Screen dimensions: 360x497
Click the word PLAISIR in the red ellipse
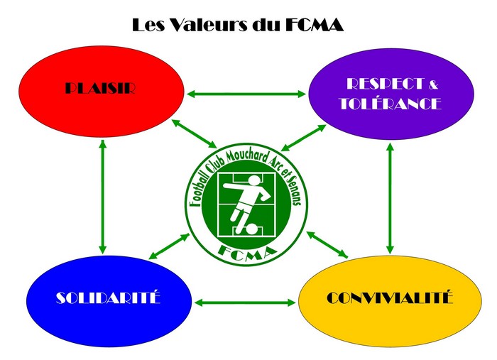[x=100, y=89]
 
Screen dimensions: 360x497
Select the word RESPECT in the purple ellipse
[x=374, y=84]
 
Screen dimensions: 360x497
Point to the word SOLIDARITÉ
[x=109, y=298]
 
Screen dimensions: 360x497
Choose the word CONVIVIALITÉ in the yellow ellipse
[x=390, y=298]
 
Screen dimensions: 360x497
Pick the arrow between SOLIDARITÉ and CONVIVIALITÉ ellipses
[x=244, y=302]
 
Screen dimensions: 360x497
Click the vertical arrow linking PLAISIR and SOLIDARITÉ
[x=103, y=196]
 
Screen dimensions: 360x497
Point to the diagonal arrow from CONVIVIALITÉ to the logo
[x=327, y=244]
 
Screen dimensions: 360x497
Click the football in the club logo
[x=250, y=229]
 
